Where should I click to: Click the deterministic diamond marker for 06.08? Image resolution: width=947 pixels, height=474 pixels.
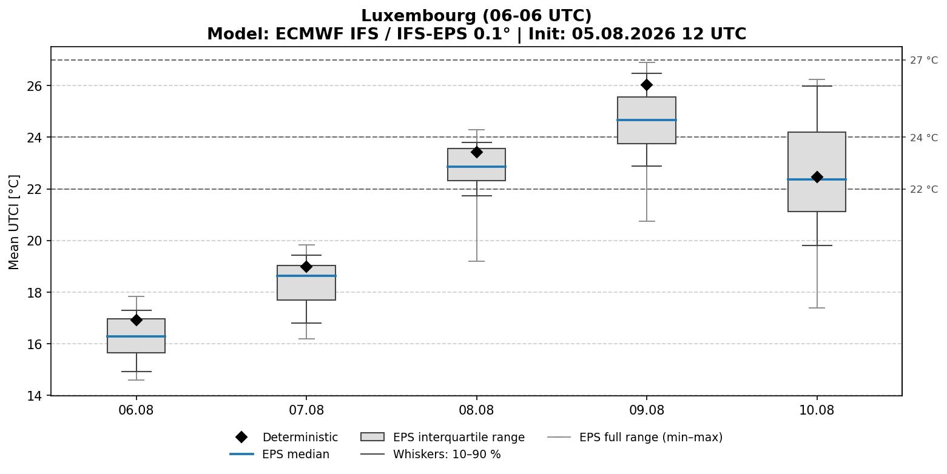pos(136,320)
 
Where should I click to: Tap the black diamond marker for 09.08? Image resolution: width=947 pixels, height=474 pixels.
pos(647,85)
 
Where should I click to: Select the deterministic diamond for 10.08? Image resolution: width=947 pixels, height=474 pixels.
pos(817,177)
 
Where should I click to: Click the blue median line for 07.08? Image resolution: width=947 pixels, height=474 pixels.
pos(306,276)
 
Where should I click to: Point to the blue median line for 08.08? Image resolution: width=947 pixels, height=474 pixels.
pos(476,167)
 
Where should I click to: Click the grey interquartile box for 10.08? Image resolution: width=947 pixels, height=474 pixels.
pos(817,172)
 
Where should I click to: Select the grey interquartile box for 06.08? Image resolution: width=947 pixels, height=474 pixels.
pos(136,336)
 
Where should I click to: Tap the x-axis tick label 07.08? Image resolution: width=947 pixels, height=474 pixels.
pos(306,410)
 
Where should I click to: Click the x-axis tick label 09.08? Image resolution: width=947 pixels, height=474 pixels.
pos(647,410)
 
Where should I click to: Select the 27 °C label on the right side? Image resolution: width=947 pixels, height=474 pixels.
pos(924,61)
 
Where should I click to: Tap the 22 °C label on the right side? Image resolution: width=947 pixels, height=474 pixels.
pos(924,189)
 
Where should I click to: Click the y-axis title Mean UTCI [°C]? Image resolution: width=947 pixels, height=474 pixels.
pos(14,222)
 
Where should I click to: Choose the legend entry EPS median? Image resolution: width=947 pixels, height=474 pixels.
pos(280,454)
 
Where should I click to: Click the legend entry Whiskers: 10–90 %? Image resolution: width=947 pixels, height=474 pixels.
pos(430,454)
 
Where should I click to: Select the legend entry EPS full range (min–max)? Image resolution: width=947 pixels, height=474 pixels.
pos(635,437)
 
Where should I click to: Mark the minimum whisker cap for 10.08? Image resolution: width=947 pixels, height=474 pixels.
pos(817,308)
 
